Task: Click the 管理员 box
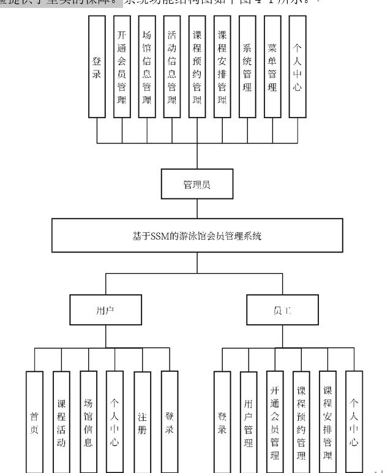tap(197, 185)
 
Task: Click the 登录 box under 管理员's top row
tap(97, 66)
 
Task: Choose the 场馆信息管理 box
tap(147, 66)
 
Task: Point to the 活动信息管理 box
tap(172, 66)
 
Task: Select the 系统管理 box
tap(247, 66)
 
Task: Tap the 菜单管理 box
tap(272, 66)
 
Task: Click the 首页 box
tap(34, 422)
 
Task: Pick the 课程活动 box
tap(61, 422)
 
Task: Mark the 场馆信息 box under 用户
tap(88, 422)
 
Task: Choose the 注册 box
tap(142, 422)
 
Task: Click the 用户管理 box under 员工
tap(248, 422)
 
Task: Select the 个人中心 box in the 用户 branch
tap(114, 422)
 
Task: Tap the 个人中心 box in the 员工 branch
tap(354, 422)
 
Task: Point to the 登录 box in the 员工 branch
tap(222, 422)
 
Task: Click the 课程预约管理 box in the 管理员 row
tap(197, 66)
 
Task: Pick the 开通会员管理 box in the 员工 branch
tap(274, 422)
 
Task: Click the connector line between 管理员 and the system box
tap(197, 210)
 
